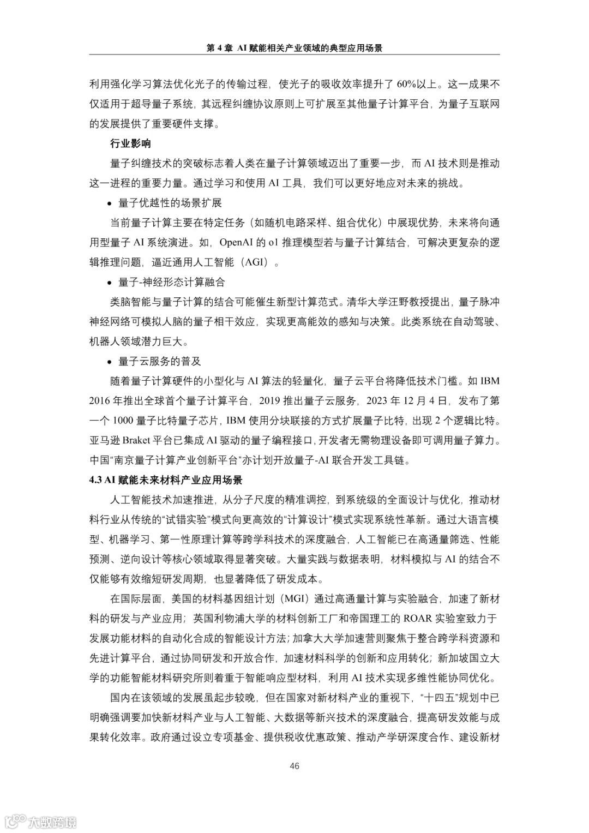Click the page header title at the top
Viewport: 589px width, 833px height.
[x=294, y=48]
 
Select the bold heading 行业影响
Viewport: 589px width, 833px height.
[x=130, y=144]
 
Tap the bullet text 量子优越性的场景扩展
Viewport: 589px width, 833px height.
[x=170, y=203]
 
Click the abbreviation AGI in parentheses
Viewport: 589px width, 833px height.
[x=256, y=262]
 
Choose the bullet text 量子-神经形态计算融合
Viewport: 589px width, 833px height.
[x=171, y=282]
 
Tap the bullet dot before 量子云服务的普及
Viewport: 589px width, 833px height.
[x=111, y=362]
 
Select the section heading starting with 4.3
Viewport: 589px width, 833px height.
[x=166, y=480]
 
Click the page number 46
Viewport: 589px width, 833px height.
[x=294, y=766]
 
